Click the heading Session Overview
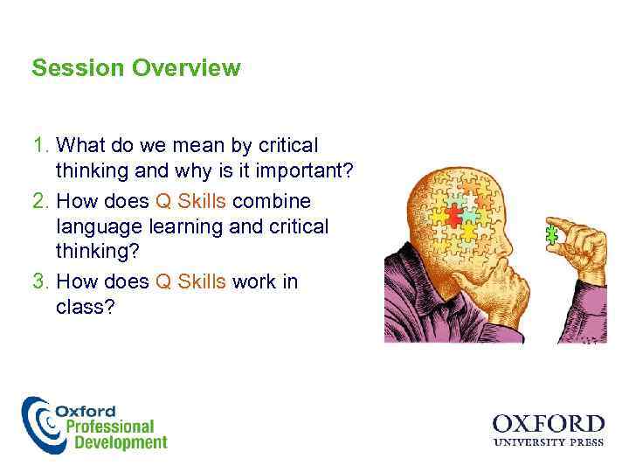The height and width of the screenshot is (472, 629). point(135,68)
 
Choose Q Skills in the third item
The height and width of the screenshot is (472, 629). point(190,281)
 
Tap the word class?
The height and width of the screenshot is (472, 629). point(86,309)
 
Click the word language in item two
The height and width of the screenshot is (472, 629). point(98,226)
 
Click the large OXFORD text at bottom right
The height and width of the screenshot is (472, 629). point(548,425)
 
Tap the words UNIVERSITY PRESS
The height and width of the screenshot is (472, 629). point(548,443)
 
